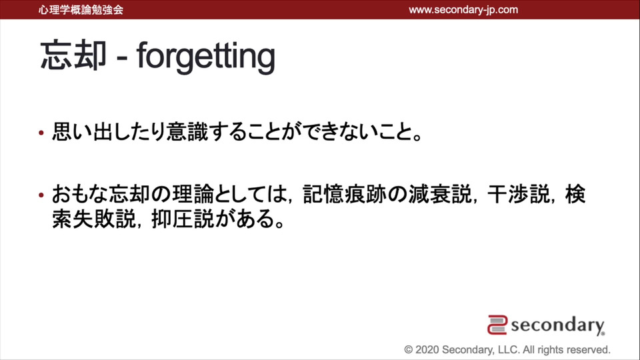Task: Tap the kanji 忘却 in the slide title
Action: click(73, 55)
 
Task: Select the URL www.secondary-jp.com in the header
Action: click(463, 10)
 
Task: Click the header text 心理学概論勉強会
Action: click(81, 10)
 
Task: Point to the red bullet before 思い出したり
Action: click(41, 133)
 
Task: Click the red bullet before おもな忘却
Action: click(41, 195)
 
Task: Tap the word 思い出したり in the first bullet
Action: click(109, 132)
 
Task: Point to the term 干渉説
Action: click(519, 194)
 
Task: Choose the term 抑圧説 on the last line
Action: click(183, 219)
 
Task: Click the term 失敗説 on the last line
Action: click(104, 219)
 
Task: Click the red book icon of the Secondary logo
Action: click(497, 325)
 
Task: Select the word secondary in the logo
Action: click(557, 325)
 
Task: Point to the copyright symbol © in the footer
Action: click(409, 350)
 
